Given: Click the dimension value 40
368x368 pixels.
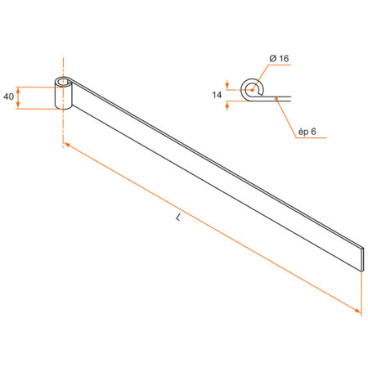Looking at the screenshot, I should [x=8, y=97].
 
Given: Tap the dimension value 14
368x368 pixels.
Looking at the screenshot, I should [x=218, y=95].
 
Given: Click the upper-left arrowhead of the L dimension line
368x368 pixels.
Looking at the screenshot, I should [x=66, y=145].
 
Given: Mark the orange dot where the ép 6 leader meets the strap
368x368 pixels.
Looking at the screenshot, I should [x=278, y=97].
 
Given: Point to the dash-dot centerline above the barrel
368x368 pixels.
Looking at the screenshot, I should [x=61, y=65].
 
